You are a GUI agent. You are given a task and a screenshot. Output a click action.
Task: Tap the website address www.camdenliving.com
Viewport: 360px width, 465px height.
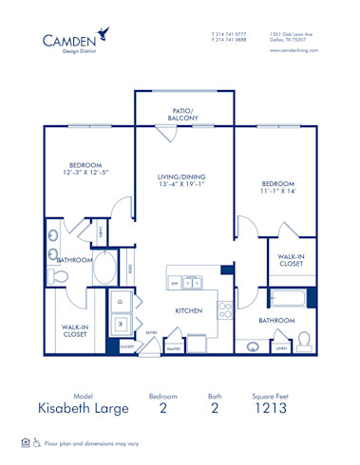click(291, 49)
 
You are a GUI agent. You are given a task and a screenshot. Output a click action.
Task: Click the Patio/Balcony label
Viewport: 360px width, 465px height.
click(182, 114)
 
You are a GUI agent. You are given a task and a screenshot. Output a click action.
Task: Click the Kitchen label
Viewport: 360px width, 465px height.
click(187, 310)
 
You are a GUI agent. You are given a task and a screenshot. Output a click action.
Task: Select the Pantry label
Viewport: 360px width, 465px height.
click(173, 348)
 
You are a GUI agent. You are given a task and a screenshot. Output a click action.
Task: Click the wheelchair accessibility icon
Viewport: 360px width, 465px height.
click(38, 442)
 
